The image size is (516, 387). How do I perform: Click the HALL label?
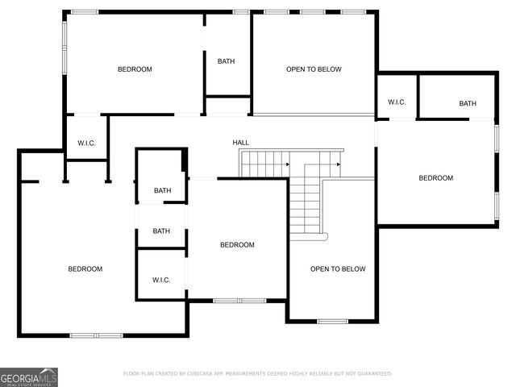point(241,143)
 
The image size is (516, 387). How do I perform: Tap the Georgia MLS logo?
point(29,377)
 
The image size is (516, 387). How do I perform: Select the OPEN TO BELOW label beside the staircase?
point(338,269)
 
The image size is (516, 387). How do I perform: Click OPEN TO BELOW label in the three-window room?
point(314,69)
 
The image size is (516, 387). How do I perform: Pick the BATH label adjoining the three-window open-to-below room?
point(226,62)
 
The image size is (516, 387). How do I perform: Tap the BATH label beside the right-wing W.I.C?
point(468,103)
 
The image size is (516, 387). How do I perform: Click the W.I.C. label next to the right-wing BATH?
point(396,102)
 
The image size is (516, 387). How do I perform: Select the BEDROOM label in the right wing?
point(435,178)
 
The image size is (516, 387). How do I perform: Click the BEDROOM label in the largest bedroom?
point(85,269)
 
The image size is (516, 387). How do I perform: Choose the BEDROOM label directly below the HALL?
point(237,245)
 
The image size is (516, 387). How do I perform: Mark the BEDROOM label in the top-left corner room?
point(135,69)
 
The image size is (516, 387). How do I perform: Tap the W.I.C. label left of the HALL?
point(86,144)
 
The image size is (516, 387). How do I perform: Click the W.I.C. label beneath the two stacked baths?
point(161,280)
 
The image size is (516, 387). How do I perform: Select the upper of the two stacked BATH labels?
point(162,191)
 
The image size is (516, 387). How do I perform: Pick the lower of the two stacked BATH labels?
point(161,231)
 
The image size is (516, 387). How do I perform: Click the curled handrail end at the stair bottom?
point(324,237)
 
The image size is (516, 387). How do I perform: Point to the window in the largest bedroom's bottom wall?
point(96,335)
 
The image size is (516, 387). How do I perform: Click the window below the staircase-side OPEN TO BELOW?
point(332,322)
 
